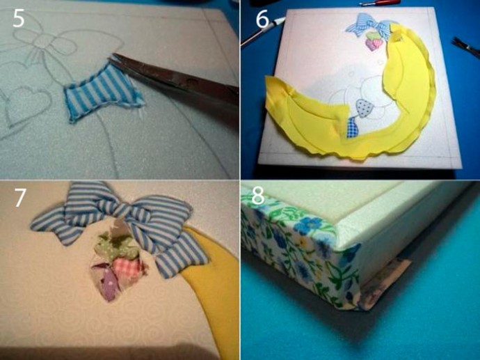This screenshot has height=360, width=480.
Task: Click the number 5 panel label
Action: point(18,19)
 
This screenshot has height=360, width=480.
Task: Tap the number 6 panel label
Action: point(262,19)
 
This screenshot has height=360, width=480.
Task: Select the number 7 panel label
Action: point(20,198)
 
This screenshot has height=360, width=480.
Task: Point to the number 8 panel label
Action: point(258,196)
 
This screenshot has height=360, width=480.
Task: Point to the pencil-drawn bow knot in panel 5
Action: point(42,40)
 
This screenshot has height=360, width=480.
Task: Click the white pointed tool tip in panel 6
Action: point(280,21)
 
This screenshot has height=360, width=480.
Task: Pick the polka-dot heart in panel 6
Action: point(365,108)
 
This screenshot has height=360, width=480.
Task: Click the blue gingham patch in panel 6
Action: point(352,127)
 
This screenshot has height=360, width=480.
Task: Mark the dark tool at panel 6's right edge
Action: point(466,47)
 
